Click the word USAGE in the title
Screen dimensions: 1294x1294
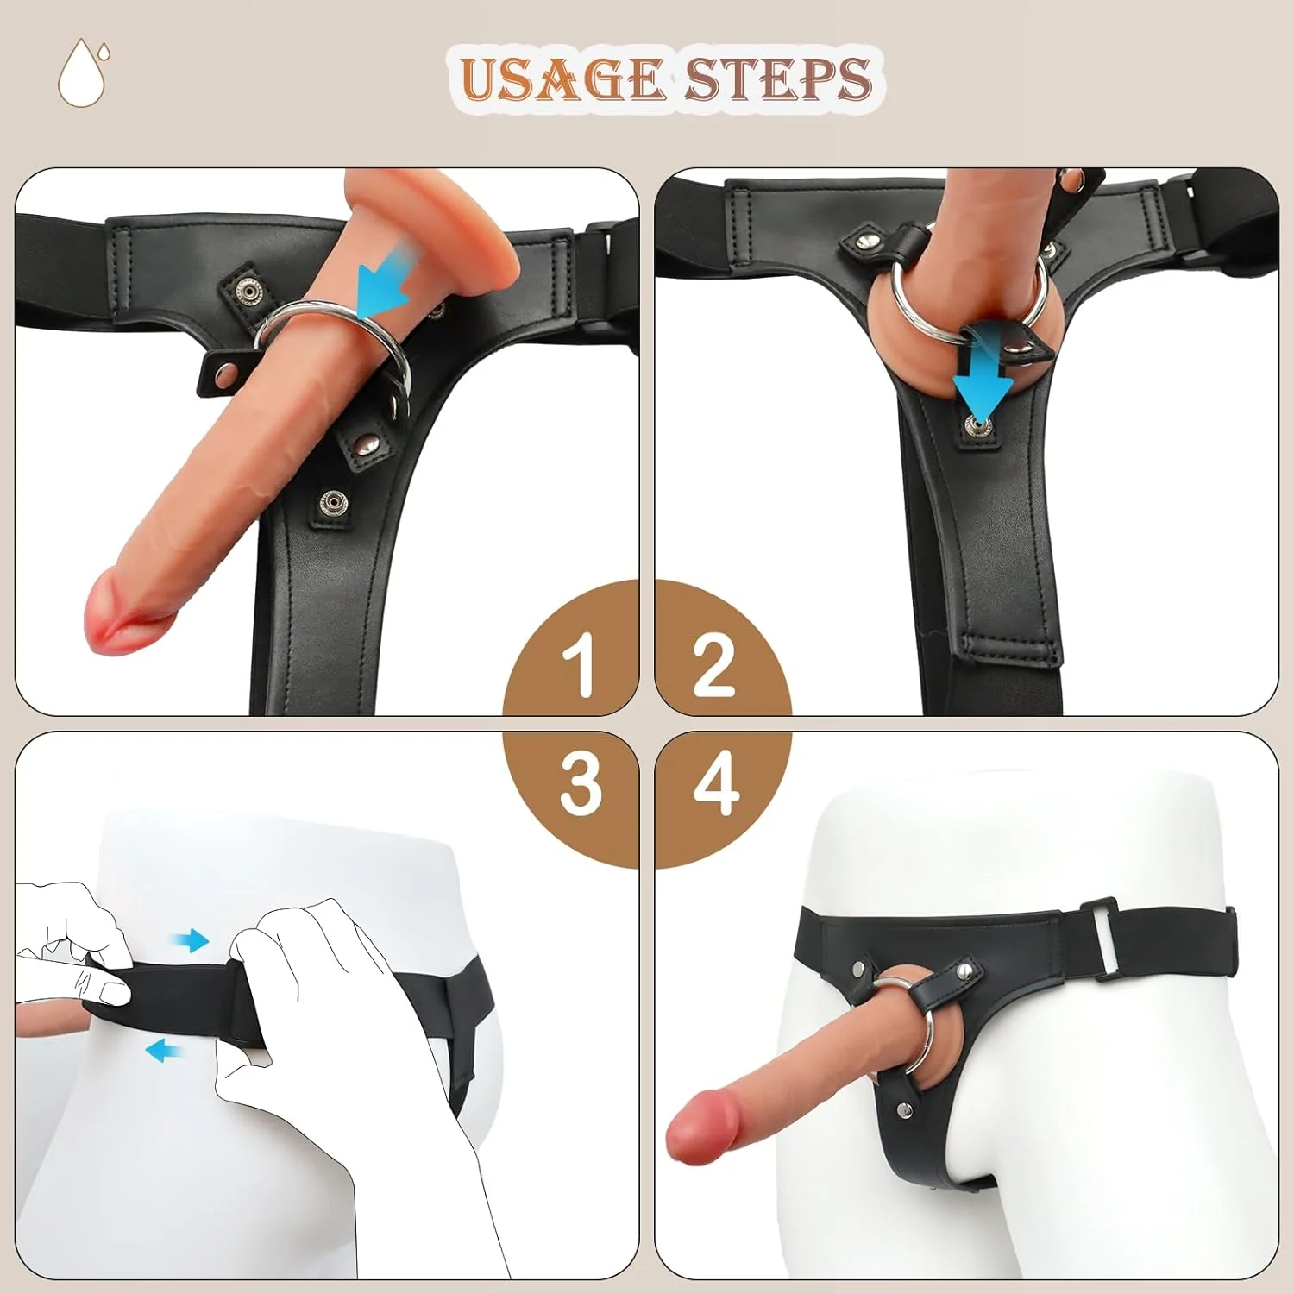tap(562, 79)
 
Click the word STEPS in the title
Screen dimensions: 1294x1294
tap(777, 79)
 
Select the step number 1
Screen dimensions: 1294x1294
tap(579, 664)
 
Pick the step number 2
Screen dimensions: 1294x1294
tap(714, 664)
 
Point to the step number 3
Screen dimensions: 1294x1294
tap(580, 783)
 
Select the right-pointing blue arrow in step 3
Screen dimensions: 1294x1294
tap(192, 940)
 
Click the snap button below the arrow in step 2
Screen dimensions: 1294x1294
tap(978, 424)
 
